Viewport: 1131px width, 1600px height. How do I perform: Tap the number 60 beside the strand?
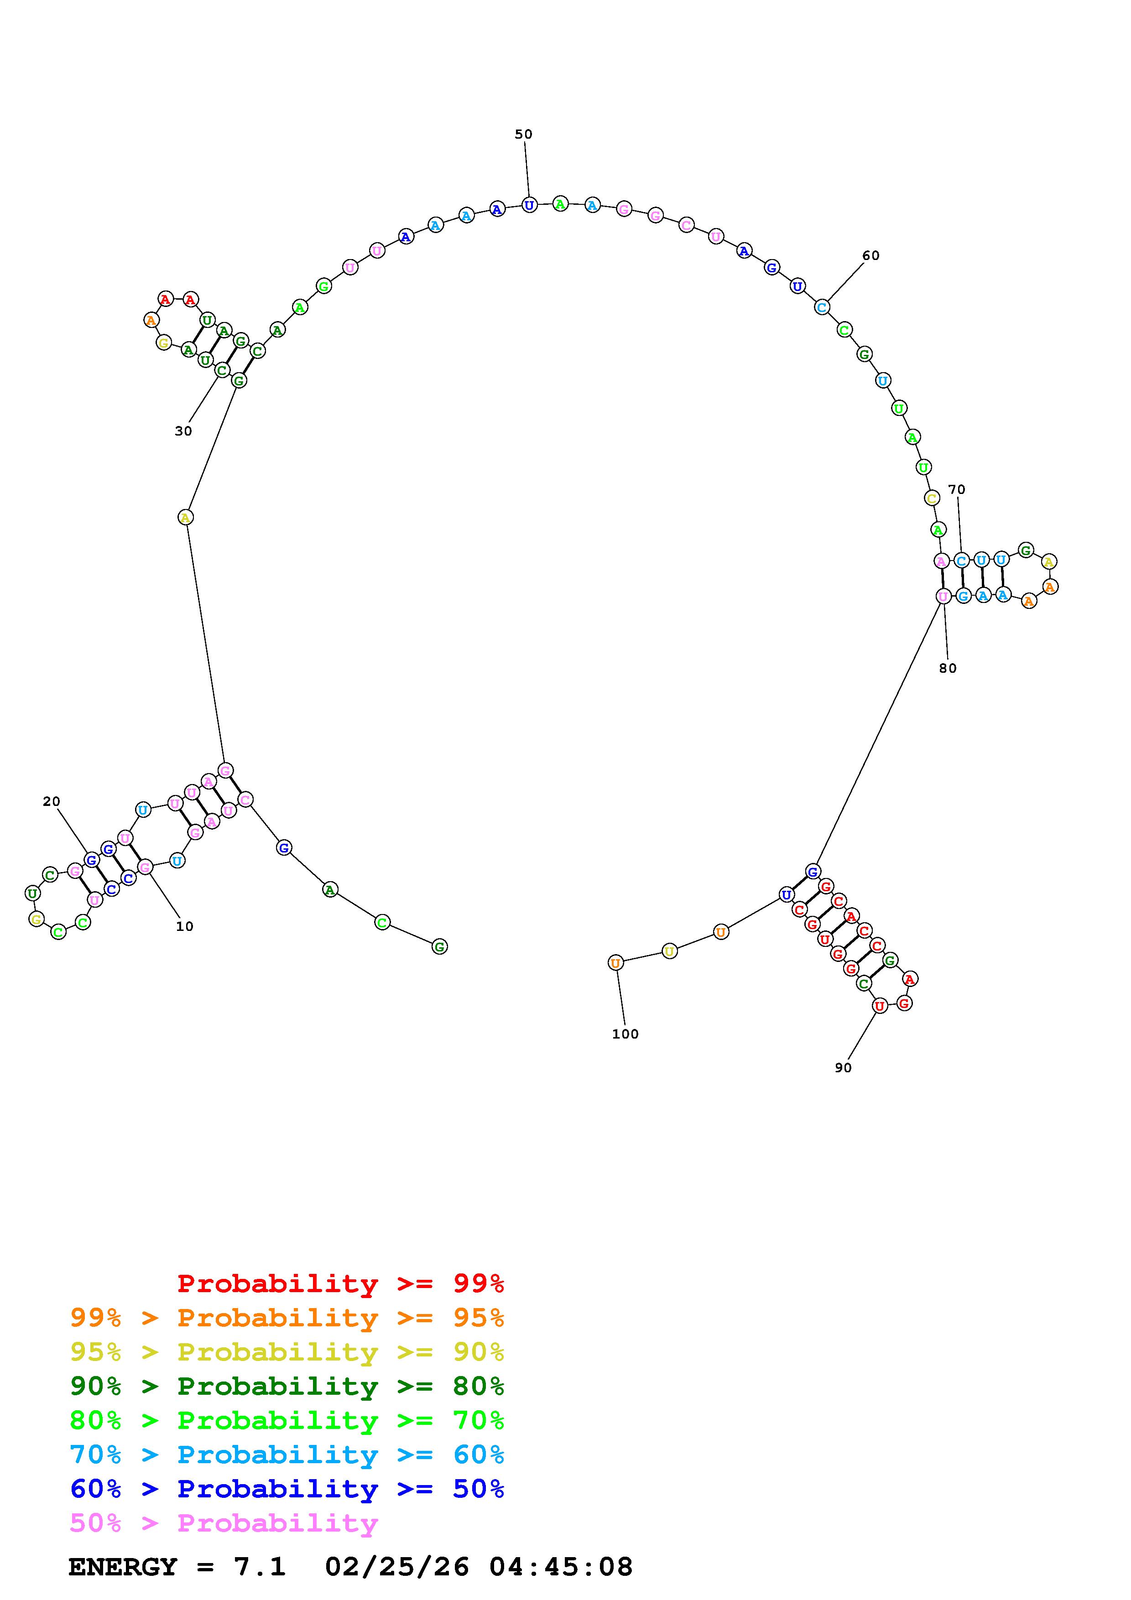point(871,256)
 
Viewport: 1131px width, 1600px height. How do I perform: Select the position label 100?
point(625,1034)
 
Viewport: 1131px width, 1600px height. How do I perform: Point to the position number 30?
point(183,431)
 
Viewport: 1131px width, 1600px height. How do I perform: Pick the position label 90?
point(843,1068)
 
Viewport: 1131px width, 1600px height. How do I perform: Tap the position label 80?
point(948,668)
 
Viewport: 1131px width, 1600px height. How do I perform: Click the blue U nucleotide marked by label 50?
point(530,205)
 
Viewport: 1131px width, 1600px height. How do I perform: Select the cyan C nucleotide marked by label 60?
point(822,306)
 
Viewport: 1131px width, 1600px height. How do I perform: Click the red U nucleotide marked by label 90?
point(880,1006)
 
